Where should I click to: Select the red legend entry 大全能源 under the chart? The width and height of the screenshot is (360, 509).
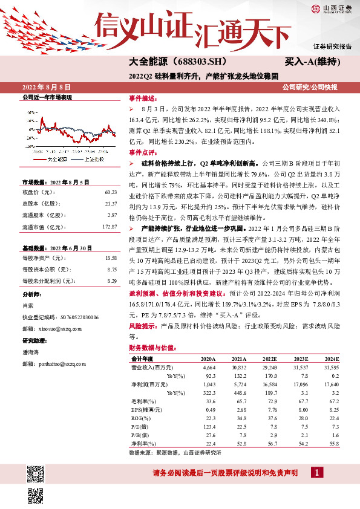coord(56,160)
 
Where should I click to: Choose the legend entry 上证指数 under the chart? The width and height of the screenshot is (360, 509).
coord(92,160)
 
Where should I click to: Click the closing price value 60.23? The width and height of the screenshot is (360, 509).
coord(110,192)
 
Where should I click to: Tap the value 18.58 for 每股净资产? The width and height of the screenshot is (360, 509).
coord(110,258)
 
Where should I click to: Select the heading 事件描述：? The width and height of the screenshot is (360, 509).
coord(143,98)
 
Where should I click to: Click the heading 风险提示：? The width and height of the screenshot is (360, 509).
coord(143,325)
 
